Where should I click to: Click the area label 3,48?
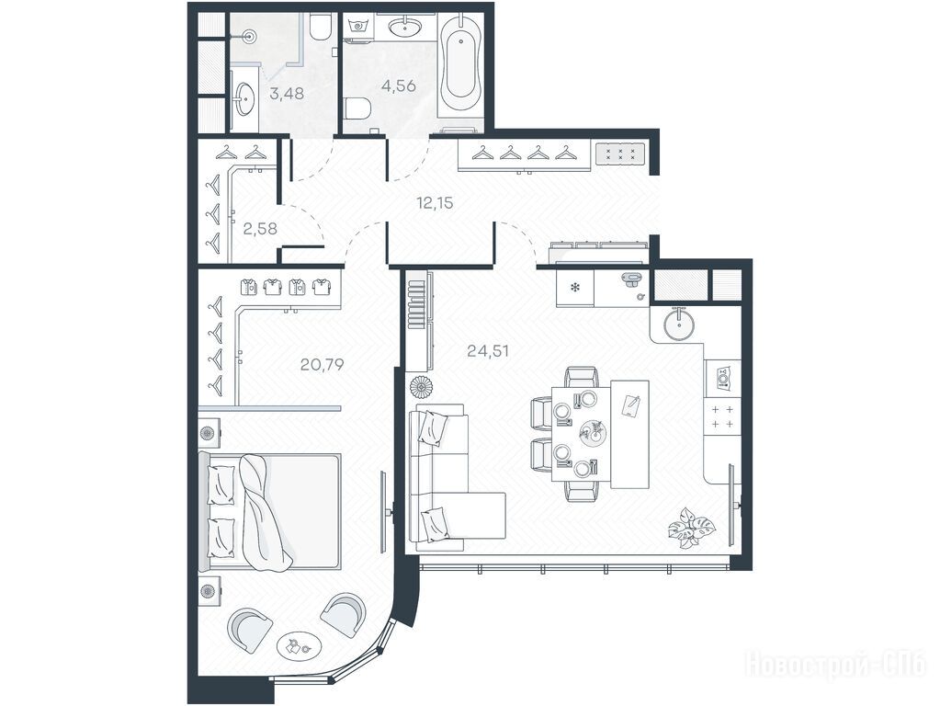point(287,94)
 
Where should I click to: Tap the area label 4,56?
point(399,85)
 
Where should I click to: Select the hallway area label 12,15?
point(436,203)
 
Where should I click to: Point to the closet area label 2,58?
point(261,229)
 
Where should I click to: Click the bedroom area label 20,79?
point(322,364)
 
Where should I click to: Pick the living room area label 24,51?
point(488,351)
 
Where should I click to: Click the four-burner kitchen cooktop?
point(722,416)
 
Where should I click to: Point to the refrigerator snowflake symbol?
point(574,288)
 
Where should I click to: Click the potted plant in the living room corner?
point(692,529)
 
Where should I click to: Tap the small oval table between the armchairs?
point(300,646)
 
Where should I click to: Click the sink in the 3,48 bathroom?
point(244,98)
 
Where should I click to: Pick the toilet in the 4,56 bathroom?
point(361,108)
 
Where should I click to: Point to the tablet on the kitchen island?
point(631,406)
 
